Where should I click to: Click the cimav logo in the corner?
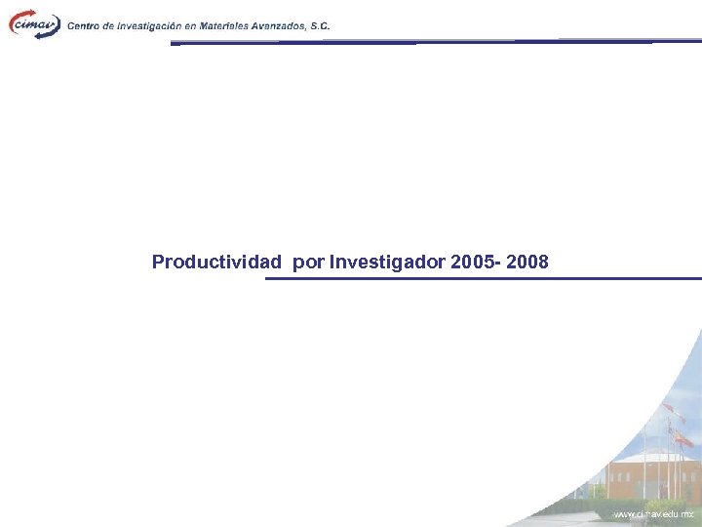[34, 23]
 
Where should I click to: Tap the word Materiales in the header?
[226, 26]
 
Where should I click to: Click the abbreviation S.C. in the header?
[321, 26]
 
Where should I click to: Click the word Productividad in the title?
[215, 262]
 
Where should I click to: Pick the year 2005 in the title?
[472, 262]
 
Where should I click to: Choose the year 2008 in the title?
[527, 262]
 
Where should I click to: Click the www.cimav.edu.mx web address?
[653, 513]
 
